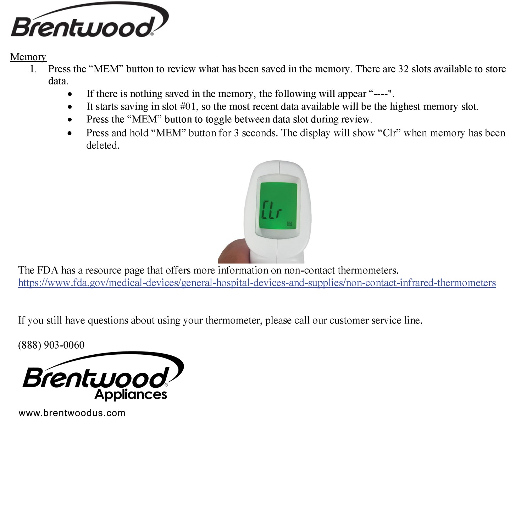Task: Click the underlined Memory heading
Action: click(x=28, y=57)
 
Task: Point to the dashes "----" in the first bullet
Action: click(x=381, y=94)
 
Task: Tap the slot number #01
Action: click(x=188, y=107)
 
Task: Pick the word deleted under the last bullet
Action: click(x=102, y=145)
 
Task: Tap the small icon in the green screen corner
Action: click(x=289, y=224)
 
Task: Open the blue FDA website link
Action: click(x=257, y=283)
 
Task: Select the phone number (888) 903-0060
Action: click(x=51, y=345)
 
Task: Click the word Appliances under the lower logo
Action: click(x=131, y=394)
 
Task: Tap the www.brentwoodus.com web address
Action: click(x=72, y=413)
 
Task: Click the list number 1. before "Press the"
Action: click(x=33, y=69)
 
